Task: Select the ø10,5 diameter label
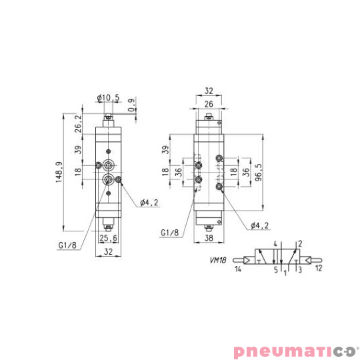click(x=107, y=98)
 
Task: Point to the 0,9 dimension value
click(x=132, y=106)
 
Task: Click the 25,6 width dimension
click(x=107, y=238)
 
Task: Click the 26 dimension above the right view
click(x=209, y=103)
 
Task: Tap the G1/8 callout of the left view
click(x=67, y=245)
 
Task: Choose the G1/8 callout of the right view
click(x=170, y=233)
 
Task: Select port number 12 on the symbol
click(x=319, y=269)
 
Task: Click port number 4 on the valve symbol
click(x=275, y=245)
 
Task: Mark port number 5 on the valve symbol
click(x=275, y=269)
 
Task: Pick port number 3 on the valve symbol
click(x=300, y=269)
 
